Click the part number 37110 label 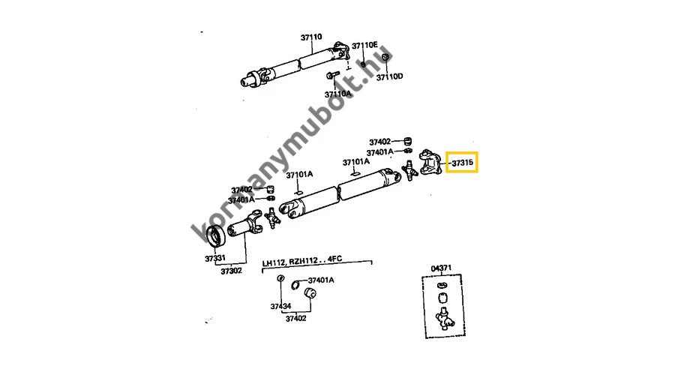[x=311, y=37]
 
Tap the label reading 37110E [x=365, y=45]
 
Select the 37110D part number [x=390, y=76]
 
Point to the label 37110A [x=337, y=94]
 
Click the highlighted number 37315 [x=462, y=162]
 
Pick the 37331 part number [x=215, y=259]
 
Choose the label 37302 [x=231, y=271]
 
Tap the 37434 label [x=280, y=307]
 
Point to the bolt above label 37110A [x=330, y=75]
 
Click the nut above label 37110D [x=385, y=58]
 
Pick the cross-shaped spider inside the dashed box [x=445, y=322]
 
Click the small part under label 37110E [x=362, y=60]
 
